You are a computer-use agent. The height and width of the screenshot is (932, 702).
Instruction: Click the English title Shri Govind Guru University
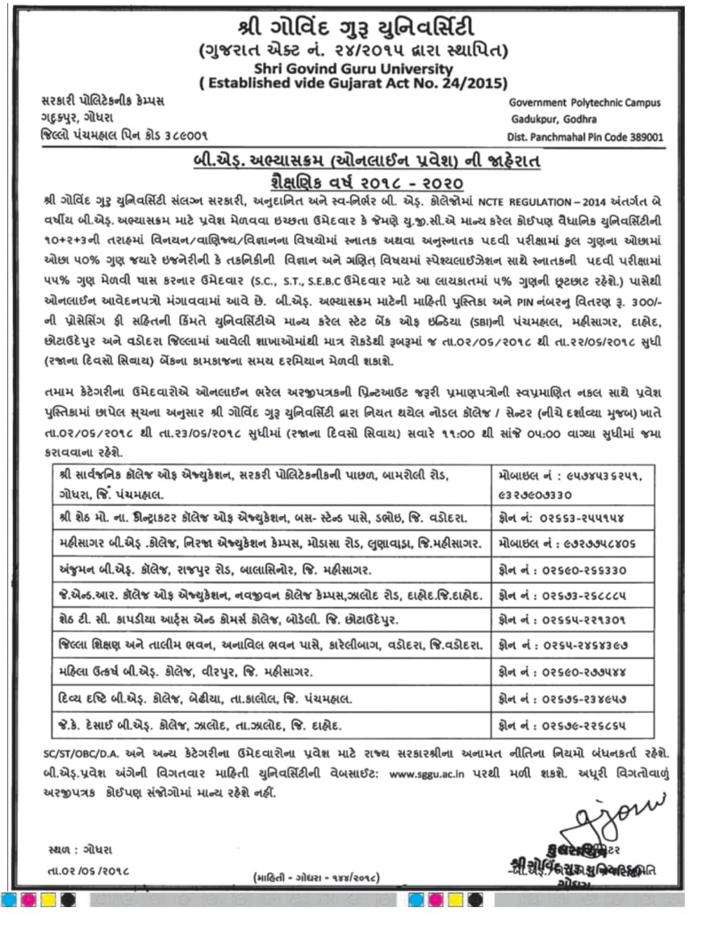tap(352, 69)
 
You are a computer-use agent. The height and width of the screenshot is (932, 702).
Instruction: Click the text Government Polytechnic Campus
tap(585, 103)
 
